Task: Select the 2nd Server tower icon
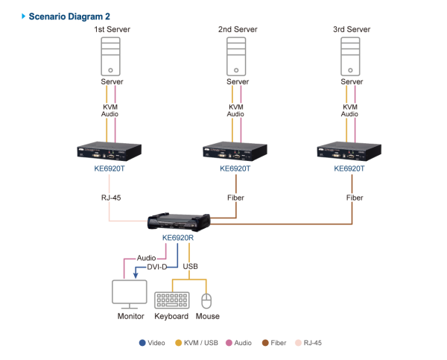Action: point(236,57)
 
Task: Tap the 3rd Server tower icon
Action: point(350,57)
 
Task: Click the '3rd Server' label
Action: point(350,29)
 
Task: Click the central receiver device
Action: point(179,221)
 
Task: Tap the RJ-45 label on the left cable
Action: point(111,198)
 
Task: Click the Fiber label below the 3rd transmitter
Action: point(354,198)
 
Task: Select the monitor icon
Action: point(129,294)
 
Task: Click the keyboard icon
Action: point(171,300)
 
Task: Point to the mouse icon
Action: point(206,300)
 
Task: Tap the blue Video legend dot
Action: point(142,343)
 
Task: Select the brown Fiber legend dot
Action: point(265,343)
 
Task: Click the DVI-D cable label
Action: point(157,266)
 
